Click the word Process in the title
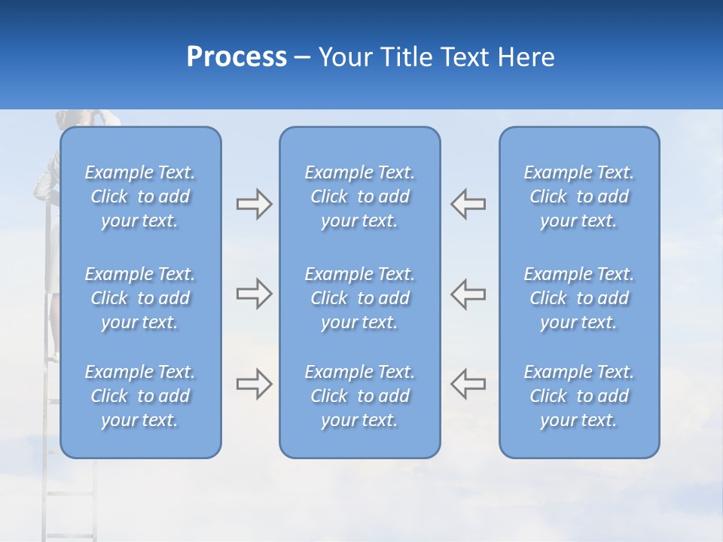(236, 57)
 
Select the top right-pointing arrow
(254, 204)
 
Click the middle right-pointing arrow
(254, 294)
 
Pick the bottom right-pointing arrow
(254, 384)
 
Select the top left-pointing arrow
(468, 204)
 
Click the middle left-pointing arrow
(468, 294)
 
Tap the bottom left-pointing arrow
(468, 384)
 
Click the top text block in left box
(140, 196)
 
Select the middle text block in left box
(140, 298)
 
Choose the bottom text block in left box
(140, 396)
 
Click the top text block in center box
(359, 196)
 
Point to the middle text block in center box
(359, 298)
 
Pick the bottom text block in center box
(359, 396)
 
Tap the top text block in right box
(578, 196)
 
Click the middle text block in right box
(578, 298)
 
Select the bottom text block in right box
(578, 396)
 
